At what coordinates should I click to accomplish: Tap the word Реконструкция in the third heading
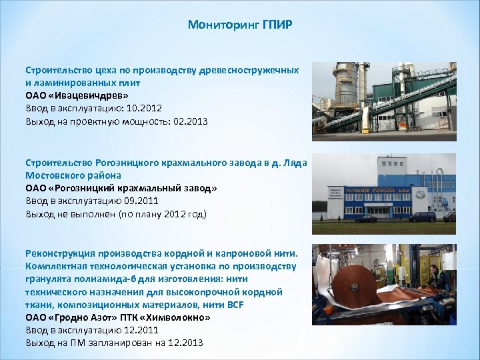60,254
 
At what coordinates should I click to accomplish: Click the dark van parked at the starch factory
422,217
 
